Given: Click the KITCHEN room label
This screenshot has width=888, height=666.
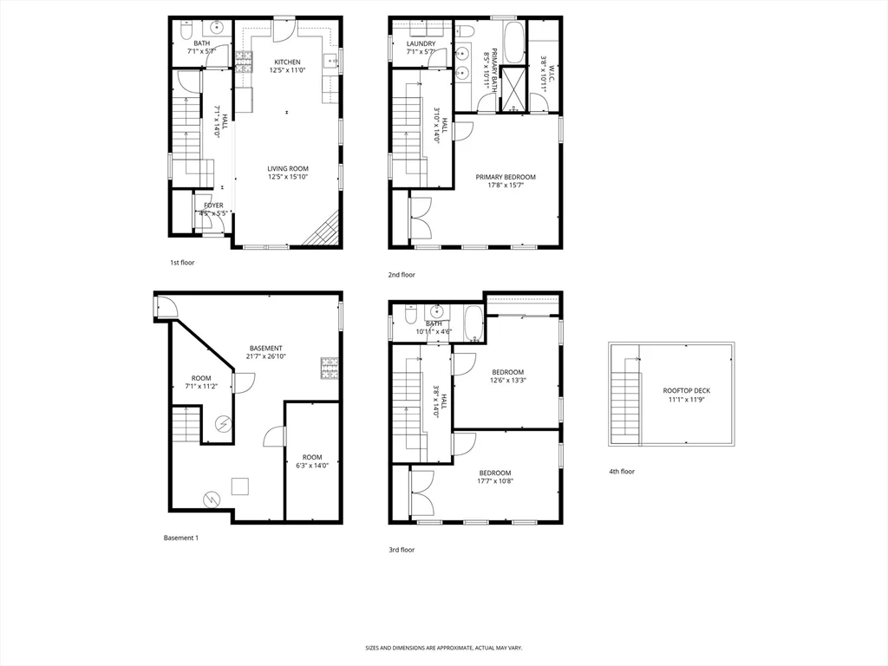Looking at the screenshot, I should click(x=287, y=62).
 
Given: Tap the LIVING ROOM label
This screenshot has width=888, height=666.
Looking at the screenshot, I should click(x=287, y=169).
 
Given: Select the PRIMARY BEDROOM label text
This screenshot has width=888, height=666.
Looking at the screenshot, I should click(x=506, y=177).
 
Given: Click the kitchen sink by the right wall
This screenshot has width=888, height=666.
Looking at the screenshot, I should click(x=330, y=61).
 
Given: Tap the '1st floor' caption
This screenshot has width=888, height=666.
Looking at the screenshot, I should click(x=182, y=262).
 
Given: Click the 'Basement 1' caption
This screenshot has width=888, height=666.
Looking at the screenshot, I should click(x=181, y=538).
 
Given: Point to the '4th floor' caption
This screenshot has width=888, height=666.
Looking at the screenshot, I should click(x=622, y=472).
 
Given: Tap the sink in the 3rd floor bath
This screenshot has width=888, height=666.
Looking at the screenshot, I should click(x=436, y=311).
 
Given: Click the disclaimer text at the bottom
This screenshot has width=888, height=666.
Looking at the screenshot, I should click(x=443, y=648).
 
